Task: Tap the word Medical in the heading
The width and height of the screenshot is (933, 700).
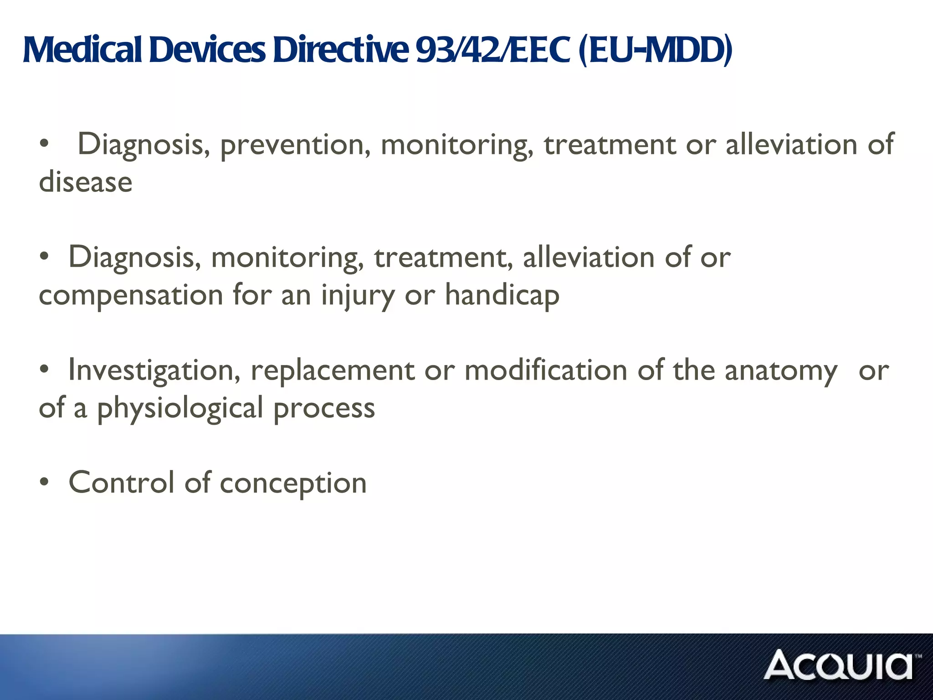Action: click(x=82, y=50)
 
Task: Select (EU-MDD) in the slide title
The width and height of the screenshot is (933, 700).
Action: click(x=656, y=50)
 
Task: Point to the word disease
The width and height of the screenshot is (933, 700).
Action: click(x=86, y=182)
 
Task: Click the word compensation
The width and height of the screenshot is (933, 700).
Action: click(x=131, y=295)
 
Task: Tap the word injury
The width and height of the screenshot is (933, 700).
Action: click(x=358, y=295)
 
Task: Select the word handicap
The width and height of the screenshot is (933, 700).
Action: click(x=502, y=295)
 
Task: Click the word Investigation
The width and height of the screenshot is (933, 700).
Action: click(x=154, y=371)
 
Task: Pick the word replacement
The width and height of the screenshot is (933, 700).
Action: click(x=333, y=371)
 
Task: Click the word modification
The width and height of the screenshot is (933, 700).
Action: click(x=546, y=370)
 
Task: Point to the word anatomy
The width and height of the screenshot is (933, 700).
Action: click(x=781, y=371)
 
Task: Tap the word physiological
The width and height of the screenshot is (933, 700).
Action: click(x=180, y=408)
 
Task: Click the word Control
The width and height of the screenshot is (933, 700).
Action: click(x=121, y=483)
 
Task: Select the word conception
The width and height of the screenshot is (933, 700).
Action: click(x=293, y=484)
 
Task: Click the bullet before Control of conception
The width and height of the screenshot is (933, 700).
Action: click(x=44, y=482)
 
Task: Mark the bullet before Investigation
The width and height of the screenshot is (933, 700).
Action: click(x=44, y=370)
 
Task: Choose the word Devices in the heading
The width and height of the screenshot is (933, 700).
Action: click(x=207, y=50)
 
